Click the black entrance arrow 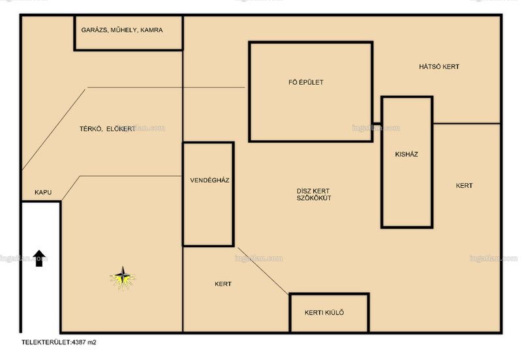[39, 258]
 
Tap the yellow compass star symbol [123, 277]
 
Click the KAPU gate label [43, 192]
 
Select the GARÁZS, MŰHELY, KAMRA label [122, 30]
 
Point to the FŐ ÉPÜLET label [306, 82]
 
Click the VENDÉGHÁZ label [209, 181]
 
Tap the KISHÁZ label [407, 154]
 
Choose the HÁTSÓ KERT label [439, 67]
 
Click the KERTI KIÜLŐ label [324, 312]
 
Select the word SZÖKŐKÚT [314, 198]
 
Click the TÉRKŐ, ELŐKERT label [107, 129]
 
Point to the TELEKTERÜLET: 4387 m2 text [59, 342]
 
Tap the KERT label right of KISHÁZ [464, 186]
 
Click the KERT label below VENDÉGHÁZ [223, 284]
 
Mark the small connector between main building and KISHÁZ [377, 123]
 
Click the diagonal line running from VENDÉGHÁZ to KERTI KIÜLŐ [264, 271]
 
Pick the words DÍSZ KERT [313, 191]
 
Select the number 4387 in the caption [79, 342]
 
